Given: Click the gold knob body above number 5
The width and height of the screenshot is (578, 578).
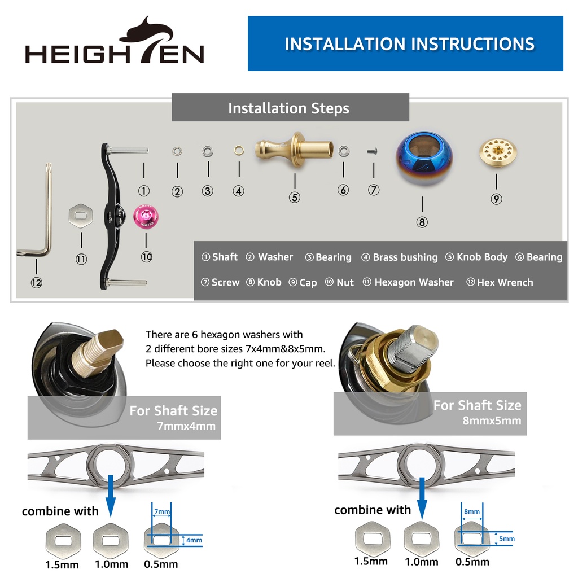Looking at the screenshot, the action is pos(294,150).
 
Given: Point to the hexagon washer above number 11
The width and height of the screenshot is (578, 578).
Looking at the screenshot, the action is pos(81,216).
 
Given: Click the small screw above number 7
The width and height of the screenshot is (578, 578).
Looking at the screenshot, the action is pos(373,151).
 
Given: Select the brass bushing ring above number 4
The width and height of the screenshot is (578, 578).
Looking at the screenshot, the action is pos(239,150).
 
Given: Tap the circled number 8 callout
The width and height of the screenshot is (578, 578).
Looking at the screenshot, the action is pos(422,222).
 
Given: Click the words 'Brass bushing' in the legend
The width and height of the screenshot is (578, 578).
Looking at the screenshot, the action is pos(405,257).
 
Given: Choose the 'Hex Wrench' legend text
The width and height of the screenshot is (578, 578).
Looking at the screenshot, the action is pos(505,283).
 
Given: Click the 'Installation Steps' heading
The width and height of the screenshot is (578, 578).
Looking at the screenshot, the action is pos(288,108).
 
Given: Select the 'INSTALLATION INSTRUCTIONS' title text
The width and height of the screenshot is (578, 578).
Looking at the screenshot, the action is pos(410,44).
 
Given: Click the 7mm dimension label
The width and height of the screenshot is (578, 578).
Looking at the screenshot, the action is pos(162,511).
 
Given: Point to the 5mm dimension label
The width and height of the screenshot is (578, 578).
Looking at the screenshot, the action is pos(507,539).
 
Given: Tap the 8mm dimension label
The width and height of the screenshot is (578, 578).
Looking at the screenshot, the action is pos(472,511).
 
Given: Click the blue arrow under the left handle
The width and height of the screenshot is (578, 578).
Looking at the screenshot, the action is pos(110,496).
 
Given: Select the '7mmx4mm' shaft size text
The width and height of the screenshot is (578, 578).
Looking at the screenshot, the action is pos(186,426).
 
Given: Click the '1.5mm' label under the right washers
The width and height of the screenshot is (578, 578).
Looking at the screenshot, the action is pos(371,562).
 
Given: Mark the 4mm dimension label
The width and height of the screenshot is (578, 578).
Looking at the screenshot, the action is pos(194,540).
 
